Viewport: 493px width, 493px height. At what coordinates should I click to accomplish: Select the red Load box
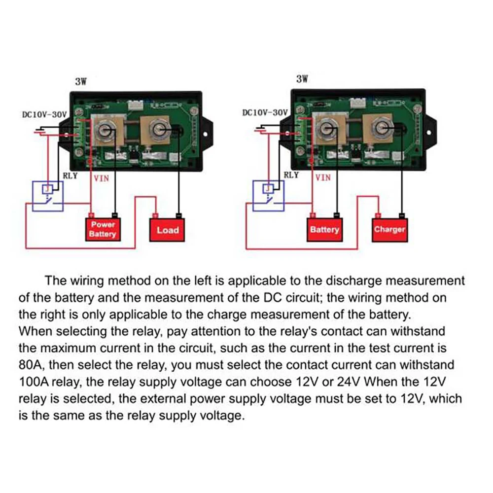(x=167, y=230)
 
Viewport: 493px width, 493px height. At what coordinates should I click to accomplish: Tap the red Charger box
(x=389, y=229)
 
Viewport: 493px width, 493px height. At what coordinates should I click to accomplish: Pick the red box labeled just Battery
(x=324, y=229)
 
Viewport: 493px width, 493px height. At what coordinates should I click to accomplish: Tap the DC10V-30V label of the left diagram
(x=44, y=114)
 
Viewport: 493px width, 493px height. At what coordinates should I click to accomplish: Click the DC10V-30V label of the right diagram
(x=265, y=112)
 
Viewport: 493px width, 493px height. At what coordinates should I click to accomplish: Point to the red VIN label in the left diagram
(x=102, y=178)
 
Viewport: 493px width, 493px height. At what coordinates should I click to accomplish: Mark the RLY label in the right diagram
(x=292, y=175)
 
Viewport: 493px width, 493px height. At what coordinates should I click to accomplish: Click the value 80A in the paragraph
(x=29, y=365)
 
